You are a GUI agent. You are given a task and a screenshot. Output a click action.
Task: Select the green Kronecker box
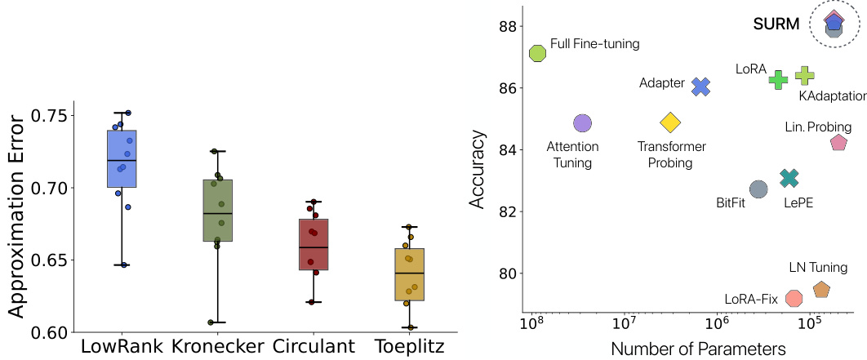(218, 210)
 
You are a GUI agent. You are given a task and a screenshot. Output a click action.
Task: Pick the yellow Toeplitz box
(410, 274)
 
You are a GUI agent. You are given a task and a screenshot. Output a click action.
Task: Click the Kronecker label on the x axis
(218, 347)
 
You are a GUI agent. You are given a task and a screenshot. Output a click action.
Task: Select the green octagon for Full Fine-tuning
(537, 53)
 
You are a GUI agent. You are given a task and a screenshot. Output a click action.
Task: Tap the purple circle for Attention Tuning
(582, 123)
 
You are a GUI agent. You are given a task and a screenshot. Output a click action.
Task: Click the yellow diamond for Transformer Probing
(670, 122)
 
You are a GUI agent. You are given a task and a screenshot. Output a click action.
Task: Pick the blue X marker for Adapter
(700, 87)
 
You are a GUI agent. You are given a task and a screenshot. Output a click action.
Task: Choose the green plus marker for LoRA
(778, 79)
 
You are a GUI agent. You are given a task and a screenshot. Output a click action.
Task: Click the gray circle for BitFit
(758, 189)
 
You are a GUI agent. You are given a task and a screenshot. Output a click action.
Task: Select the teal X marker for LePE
(789, 178)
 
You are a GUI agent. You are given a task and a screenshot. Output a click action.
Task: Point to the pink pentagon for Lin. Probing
(838, 143)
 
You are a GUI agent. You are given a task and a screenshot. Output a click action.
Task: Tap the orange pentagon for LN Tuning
(821, 289)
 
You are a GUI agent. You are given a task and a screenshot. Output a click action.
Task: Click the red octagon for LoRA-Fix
(793, 298)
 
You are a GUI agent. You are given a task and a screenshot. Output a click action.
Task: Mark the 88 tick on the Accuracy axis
(505, 26)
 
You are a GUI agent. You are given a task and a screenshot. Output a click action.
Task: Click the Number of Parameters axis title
(698, 349)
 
